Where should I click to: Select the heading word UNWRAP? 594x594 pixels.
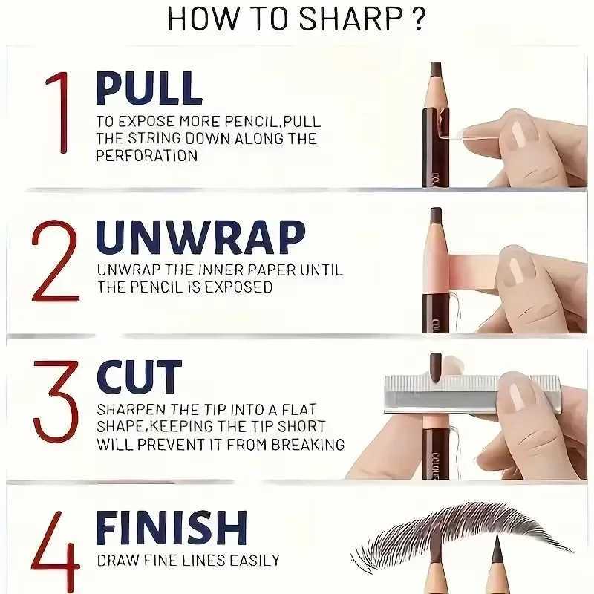200,237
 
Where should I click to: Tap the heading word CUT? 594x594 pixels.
139,378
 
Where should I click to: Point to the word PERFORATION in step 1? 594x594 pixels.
147,156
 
